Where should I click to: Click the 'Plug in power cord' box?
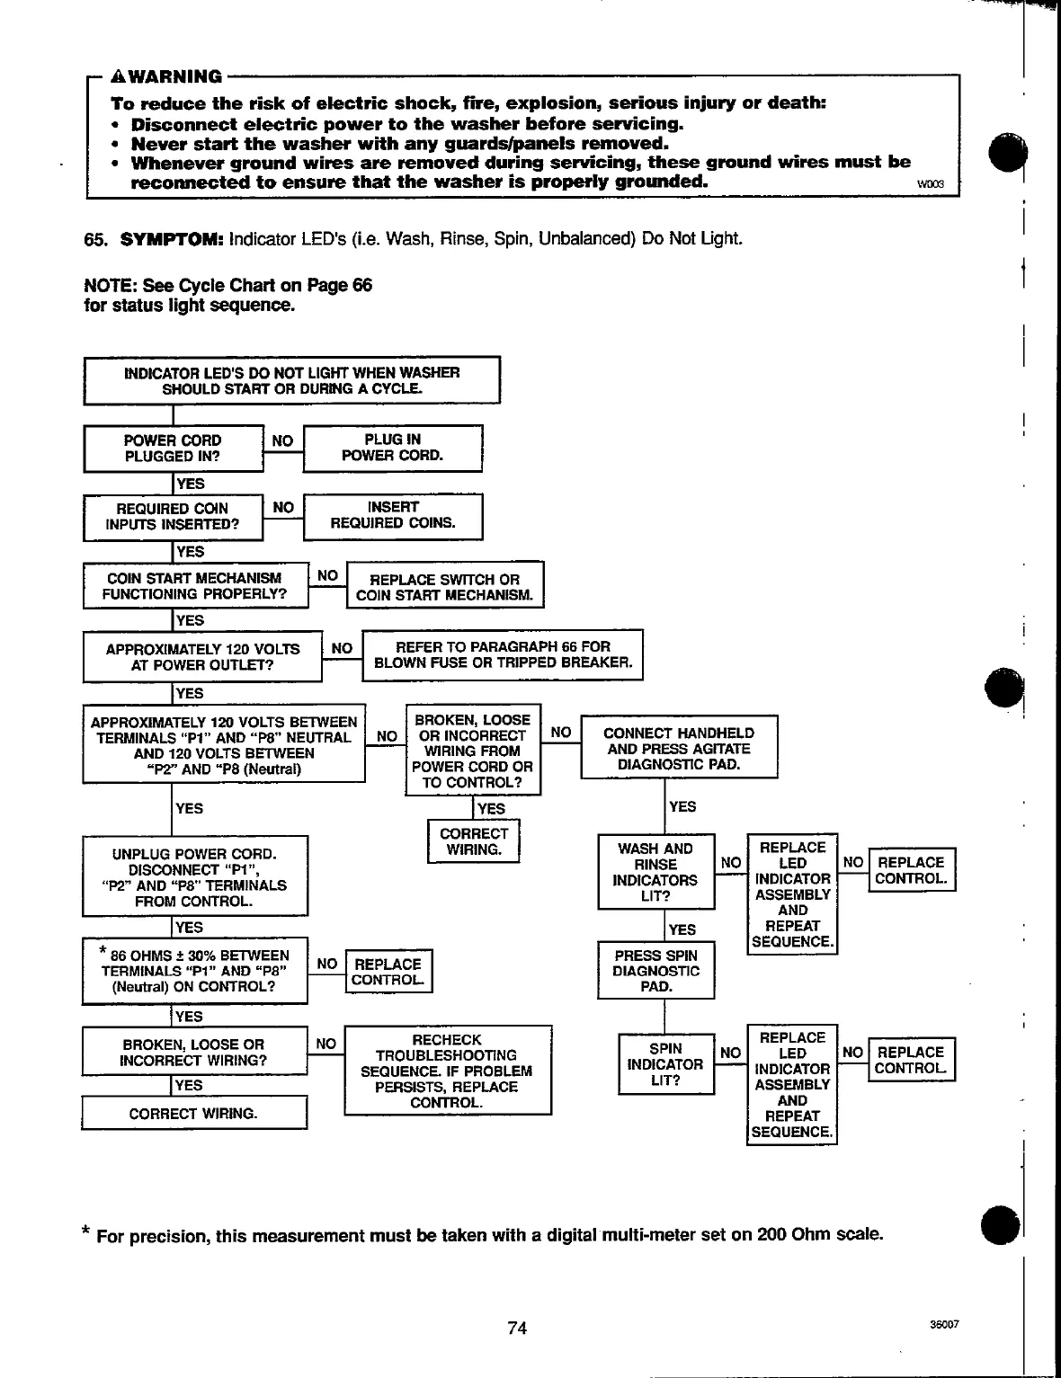click(x=393, y=448)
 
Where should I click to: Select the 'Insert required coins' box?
click(x=393, y=515)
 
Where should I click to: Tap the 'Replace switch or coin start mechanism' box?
click(x=444, y=587)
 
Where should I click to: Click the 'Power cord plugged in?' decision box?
click(x=173, y=448)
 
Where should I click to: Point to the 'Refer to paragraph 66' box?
click(x=503, y=654)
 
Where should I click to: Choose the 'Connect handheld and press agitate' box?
click(x=679, y=748)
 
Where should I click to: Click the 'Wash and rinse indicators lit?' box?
click(x=656, y=872)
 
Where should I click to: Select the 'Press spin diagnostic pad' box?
click(x=656, y=971)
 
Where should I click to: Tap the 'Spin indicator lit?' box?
click(x=665, y=1064)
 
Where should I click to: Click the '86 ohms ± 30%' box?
click(x=194, y=971)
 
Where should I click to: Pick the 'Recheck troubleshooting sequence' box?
click(x=447, y=1071)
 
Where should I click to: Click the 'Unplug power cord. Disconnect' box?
click(x=194, y=877)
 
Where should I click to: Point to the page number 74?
click(x=517, y=1328)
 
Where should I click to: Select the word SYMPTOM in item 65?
click(x=173, y=239)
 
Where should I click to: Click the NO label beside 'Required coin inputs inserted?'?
click(x=283, y=508)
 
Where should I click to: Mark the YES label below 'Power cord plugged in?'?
click(x=191, y=484)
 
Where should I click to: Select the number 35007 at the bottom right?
click(x=945, y=1325)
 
